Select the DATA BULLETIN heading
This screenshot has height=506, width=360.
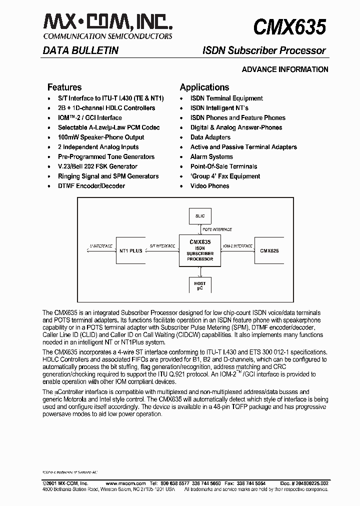tap(80, 50)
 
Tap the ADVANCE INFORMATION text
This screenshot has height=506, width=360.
tap(285, 69)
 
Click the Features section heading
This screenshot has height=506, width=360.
tap(64, 87)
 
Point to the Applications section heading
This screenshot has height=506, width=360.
tap(204, 87)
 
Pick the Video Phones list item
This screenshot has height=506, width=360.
tap(209, 186)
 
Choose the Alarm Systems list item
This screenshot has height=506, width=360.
tap(212, 157)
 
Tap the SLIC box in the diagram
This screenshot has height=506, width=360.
tap(200, 216)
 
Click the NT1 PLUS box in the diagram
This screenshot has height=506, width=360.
tap(130, 250)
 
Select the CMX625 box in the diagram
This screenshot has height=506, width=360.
tap(269, 250)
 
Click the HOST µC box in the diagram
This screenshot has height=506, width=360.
tap(200, 286)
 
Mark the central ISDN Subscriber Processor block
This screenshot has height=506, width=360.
tap(200, 250)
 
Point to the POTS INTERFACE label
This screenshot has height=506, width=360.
tap(217, 229)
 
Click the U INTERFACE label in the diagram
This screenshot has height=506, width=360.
tap(100, 246)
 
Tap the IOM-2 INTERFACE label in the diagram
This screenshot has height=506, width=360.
tap(237, 246)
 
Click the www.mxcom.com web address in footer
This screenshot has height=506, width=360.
tap(126, 483)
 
